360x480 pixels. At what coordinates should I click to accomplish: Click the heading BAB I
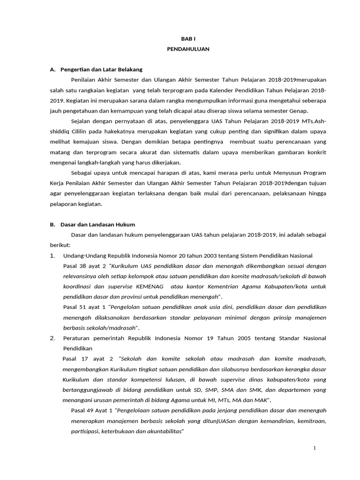point(188,39)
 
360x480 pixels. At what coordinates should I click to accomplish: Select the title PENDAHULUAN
point(188,49)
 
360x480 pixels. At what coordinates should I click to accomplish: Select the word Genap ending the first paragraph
point(298,111)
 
